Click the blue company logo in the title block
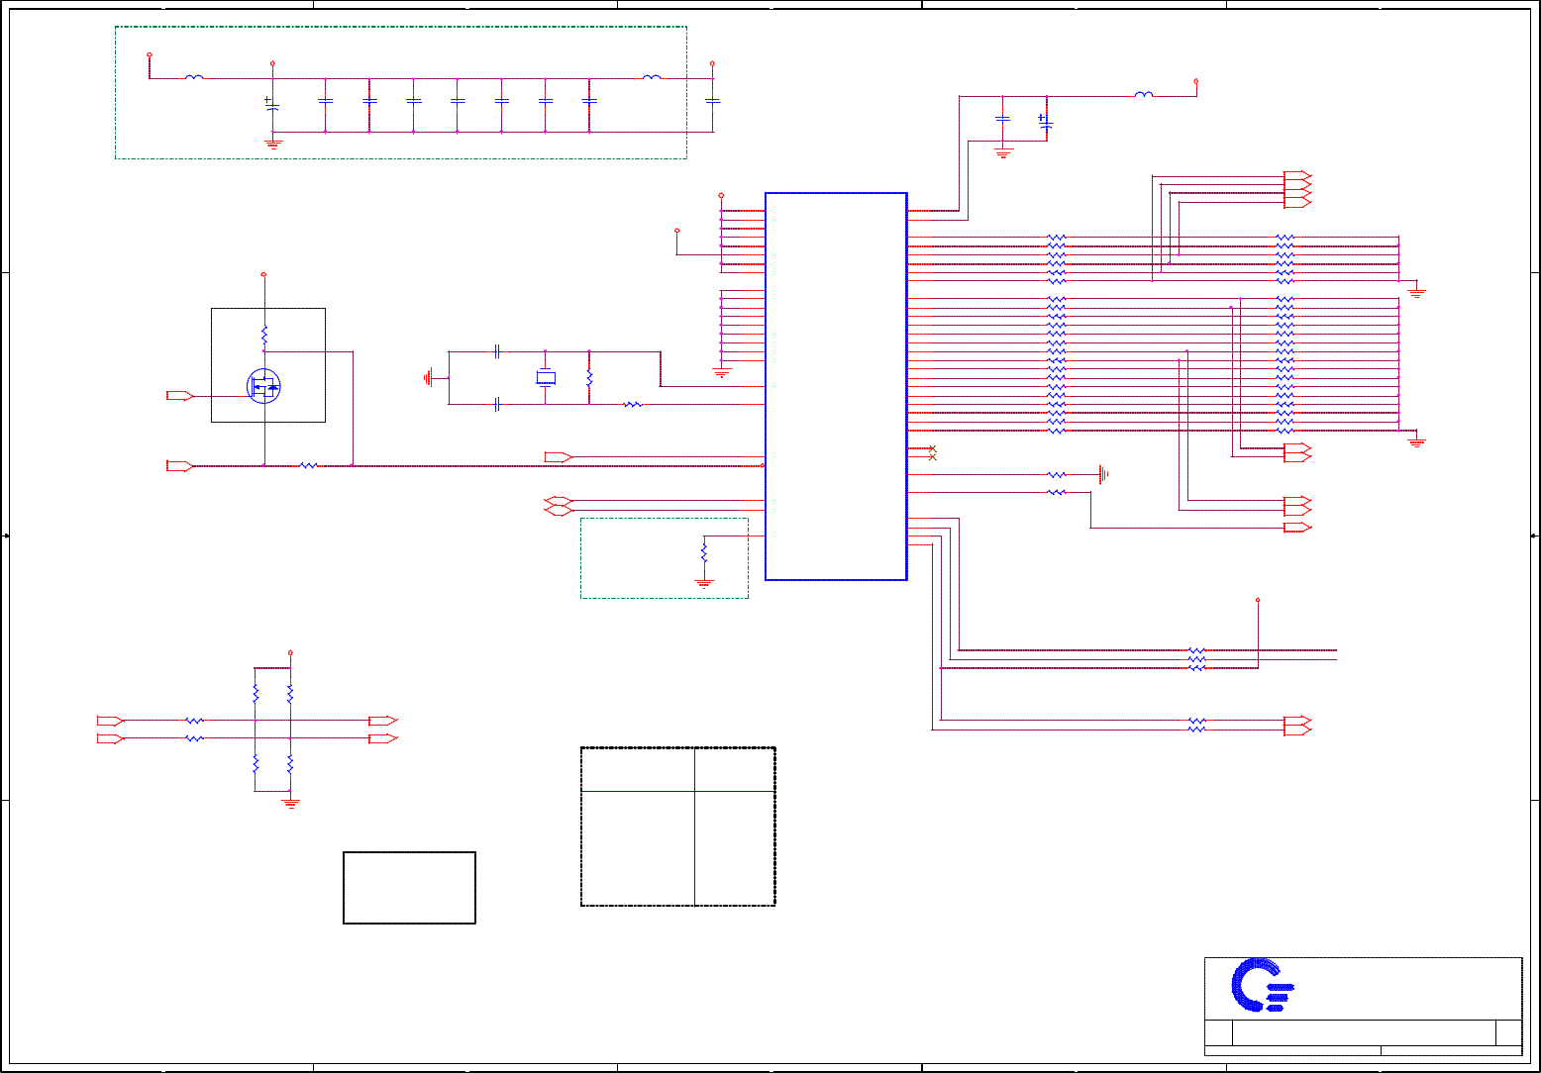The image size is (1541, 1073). tap(1261, 985)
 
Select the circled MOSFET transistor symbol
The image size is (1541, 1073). tap(263, 386)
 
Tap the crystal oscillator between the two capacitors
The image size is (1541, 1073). tap(545, 377)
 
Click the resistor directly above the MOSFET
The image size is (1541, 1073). tap(264, 334)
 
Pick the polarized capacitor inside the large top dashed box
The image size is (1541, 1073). tap(272, 104)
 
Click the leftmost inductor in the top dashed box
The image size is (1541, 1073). tap(195, 77)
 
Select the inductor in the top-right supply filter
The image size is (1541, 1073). tap(1144, 95)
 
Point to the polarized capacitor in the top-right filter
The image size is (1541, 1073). tap(1046, 123)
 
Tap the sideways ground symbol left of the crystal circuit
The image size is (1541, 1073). tap(429, 377)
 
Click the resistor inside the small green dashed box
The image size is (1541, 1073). tap(704, 551)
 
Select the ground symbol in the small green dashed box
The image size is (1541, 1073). tap(704, 583)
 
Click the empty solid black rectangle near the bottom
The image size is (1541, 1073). tap(409, 887)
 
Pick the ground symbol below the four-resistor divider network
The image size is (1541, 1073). tap(290, 803)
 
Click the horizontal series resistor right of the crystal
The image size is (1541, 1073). tap(633, 404)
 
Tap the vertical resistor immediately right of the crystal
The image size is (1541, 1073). tap(589, 378)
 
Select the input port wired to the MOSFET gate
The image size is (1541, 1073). tap(179, 396)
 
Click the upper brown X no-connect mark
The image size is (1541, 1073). tap(932, 448)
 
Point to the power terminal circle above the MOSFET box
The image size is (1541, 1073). tap(263, 274)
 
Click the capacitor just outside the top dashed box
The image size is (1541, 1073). tap(712, 101)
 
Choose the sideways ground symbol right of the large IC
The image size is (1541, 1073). tap(1102, 474)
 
